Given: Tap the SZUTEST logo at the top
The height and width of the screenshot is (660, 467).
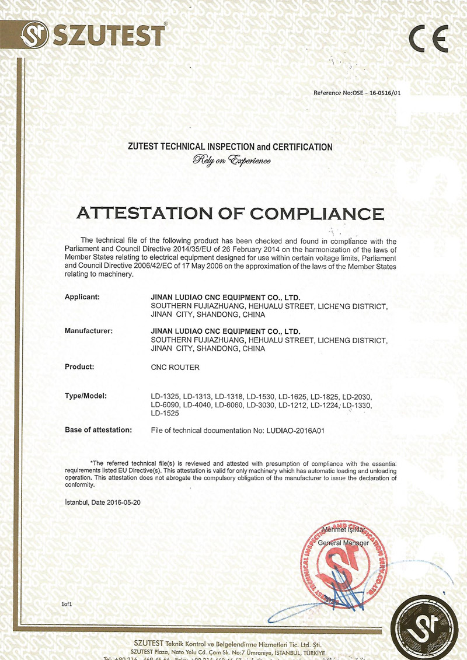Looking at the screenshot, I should click(x=93, y=36).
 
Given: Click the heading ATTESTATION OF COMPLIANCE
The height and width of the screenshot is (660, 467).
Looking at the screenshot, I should click(x=230, y=213).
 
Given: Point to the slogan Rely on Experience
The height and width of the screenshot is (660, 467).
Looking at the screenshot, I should click(x=232, y=160).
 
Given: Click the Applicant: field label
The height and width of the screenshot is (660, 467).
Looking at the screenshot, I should click(x=82, y=297).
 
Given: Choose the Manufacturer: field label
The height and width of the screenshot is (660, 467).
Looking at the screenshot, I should click(x=88, y=331).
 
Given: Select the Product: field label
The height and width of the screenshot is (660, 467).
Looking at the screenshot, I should click(x=79, y=367).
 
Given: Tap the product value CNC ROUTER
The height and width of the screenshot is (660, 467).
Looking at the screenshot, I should click(x=175, y=368).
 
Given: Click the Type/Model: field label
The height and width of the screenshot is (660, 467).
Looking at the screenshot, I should click(x=85, y=396).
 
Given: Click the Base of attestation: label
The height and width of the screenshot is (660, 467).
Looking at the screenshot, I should click(x=98, y=430).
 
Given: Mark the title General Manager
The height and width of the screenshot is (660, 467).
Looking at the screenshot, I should click(x=343, y=543).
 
